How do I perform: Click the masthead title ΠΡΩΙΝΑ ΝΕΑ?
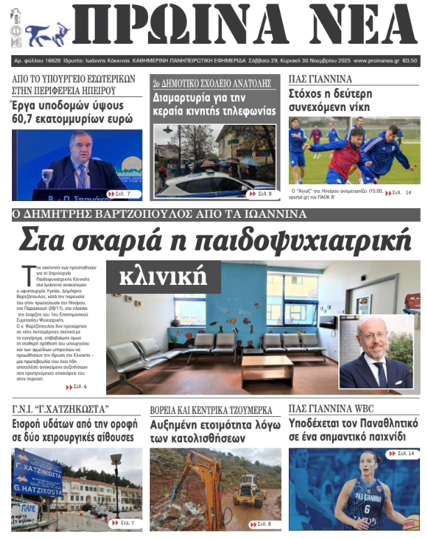click(x=244, y=27)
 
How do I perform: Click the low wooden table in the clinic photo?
click(x=267, y=367)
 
